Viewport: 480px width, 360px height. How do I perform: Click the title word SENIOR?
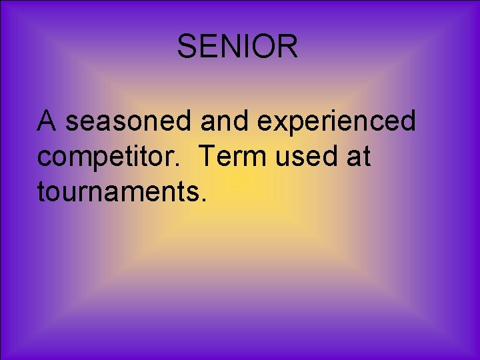237,47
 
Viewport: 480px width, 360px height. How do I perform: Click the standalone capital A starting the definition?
47,121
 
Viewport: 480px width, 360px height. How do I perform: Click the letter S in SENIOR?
188,47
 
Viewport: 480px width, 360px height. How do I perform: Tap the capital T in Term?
207,157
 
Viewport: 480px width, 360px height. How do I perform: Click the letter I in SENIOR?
245,47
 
